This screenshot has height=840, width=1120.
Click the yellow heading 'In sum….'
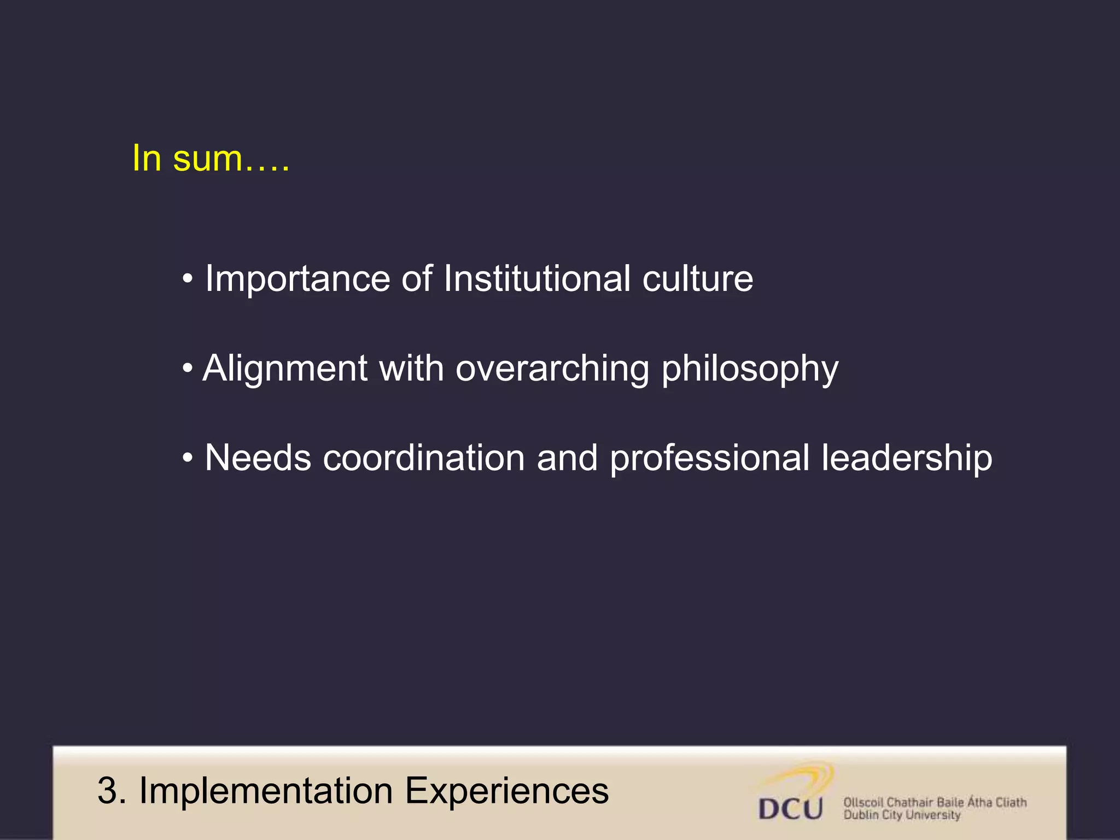[211, 159]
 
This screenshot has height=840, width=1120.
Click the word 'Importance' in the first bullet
[297, 279]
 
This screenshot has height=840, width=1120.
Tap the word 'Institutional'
[537, 279]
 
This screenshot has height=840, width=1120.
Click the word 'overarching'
[552, 369]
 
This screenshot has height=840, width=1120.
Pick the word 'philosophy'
[750, 370]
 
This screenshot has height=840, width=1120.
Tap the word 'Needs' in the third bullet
[258, 458]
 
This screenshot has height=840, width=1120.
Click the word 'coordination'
[424, 458]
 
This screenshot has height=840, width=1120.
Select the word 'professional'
[709, 458]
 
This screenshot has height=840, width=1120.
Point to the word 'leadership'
[907, 458]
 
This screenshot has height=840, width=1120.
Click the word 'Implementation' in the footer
[266, 791]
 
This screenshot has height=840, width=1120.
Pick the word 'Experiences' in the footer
[506, 791]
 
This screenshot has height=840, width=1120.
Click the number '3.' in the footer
[112, 791]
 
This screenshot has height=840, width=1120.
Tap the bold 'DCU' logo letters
[790, 808]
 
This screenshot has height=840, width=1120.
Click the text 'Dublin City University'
[902, 815]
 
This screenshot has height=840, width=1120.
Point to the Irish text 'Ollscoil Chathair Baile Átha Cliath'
[935, 802]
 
